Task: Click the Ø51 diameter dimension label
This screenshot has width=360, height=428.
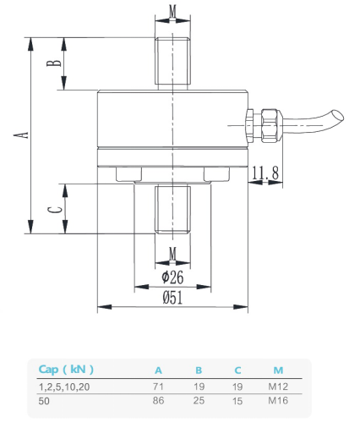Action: pyautogui.click(x=172, y=297)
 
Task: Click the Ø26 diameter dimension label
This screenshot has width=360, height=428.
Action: pyautogui.click(x=172, y=277)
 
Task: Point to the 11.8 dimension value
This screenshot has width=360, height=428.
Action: pyautogui.click(x=266, y=173)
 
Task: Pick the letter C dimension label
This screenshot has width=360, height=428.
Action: pyautogui.click(x=52, y=209)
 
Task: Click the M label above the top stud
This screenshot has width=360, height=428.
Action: pyautogui.click(x=172, y=11)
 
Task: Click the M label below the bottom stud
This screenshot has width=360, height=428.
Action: pyautogui.click(x=172, y=254)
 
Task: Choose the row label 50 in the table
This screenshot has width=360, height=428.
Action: pyautogui.click(x=44, y=401)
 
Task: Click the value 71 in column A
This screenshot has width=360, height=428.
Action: pyautogui.click(x=158, y=386)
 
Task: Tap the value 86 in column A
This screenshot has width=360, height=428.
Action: pyautogui.click(x=158, y=401)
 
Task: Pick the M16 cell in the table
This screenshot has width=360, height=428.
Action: pyautogui.click(x=278, y=401)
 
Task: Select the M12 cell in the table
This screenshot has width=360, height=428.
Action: pyautogui.click(x=278, y=386)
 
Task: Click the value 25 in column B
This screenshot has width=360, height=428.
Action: pyautogui.click(x=199, y=401)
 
